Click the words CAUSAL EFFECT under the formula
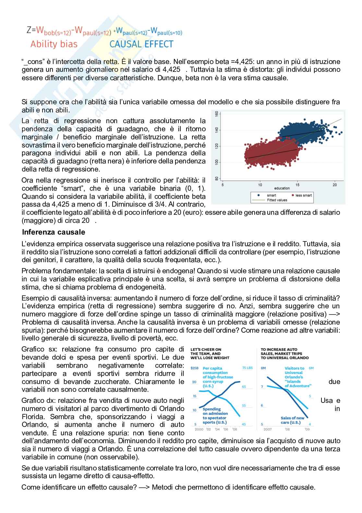click(141, 44)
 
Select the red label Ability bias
click(54, 44)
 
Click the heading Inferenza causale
click(54, 232)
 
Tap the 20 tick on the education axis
click(334, 185)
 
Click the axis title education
click(282, 188)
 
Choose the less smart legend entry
click(301, 195)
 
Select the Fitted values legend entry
click(277, 200)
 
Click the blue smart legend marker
click(259, 195)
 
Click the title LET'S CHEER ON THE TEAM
click(210, 354)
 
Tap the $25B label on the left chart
click(194, 368)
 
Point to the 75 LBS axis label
click(247, 368)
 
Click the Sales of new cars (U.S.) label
click(292, 420)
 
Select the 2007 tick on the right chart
click(267, 429)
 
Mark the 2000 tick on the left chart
click(199, 429)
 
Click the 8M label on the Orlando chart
click(263, 368)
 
